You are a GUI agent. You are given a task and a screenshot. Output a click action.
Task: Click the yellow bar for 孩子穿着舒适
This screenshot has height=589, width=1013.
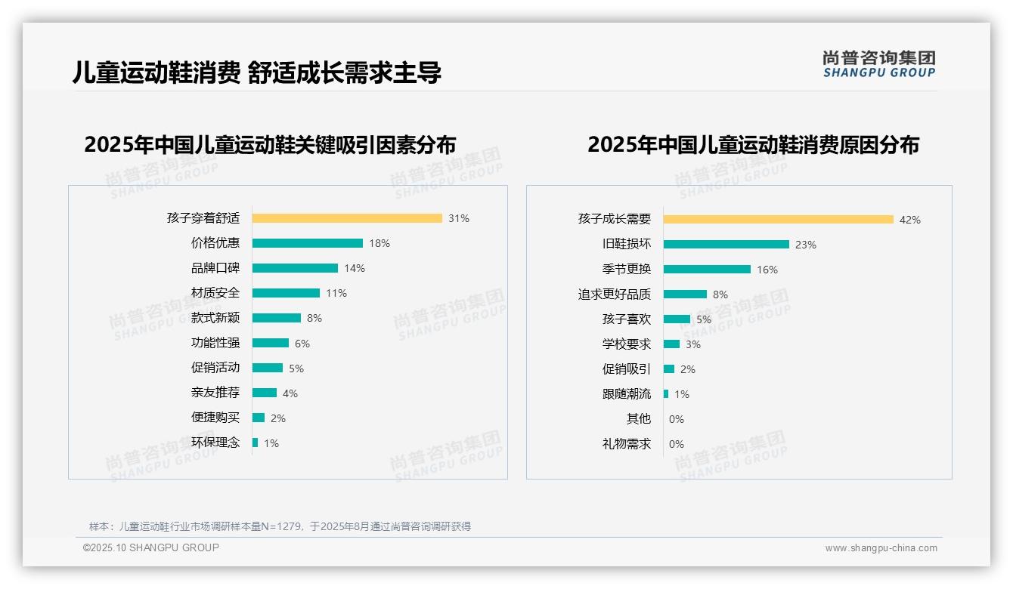(x=347, y=218)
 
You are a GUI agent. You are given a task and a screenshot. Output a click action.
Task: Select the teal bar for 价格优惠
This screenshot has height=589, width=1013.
(x=308, y=243)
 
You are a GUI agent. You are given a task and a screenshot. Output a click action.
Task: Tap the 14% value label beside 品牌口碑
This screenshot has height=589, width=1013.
(x=355, y=268)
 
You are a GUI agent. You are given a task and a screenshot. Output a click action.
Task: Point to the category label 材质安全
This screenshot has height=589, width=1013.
(x=215, y=293)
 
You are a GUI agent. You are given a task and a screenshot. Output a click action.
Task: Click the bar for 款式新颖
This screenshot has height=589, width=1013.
(x=277, y=318)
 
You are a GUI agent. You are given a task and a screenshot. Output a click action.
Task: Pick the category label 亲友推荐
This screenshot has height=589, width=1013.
(x=215, y=393)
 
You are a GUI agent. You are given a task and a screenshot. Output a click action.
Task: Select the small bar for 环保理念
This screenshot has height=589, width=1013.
(x=256, y=443)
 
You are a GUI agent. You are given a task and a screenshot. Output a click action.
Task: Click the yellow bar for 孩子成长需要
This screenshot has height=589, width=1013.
(x=779, y=220)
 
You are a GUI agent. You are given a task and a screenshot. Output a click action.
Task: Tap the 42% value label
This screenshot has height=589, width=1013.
(x=910, y=220)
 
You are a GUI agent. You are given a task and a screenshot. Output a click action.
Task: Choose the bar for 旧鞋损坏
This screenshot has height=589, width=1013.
(x=726, y=245)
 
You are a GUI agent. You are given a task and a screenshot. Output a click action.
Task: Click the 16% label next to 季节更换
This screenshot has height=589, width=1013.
(x=767, y=270)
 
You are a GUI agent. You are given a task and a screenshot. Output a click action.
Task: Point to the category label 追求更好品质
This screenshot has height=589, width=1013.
(x=615, y=294)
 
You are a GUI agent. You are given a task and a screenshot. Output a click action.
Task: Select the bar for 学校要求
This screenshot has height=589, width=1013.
(x=672, y=344)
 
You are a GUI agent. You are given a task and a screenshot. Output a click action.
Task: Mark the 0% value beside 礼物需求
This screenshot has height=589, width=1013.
(x=677, y=444)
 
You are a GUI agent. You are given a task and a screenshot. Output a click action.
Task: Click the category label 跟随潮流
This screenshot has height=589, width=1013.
(x=627, y=394)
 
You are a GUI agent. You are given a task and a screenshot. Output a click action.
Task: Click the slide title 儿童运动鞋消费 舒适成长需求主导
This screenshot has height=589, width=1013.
(x=257, y=72)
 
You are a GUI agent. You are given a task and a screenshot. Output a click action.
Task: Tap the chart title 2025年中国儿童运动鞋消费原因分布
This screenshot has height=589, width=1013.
(x=753, y=144)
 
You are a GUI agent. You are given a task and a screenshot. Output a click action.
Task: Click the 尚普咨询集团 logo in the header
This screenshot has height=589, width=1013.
(x=879, y=63)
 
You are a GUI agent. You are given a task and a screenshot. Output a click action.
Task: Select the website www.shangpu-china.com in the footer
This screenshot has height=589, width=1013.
(x=881, y=548)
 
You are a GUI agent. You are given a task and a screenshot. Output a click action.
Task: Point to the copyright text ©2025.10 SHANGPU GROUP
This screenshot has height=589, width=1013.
(x=151, y=547)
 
